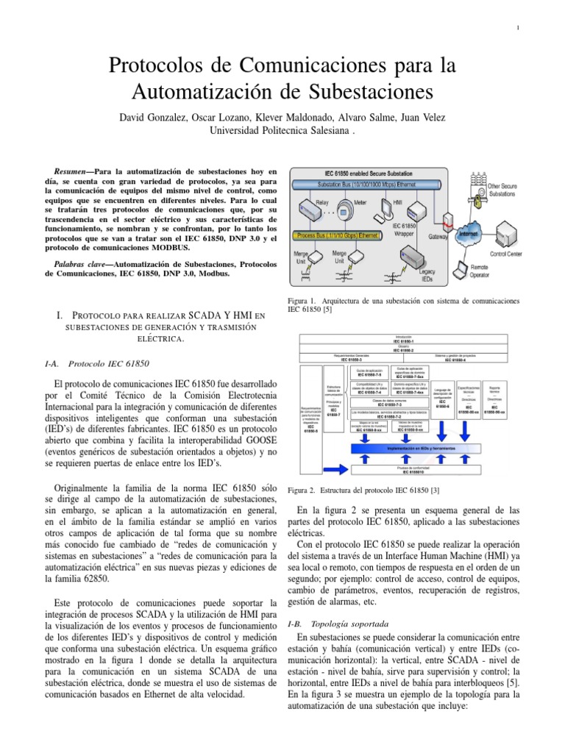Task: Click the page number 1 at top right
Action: (519, 29)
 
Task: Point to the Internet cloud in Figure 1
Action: (466, 232)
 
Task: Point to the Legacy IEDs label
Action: (430, 275)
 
